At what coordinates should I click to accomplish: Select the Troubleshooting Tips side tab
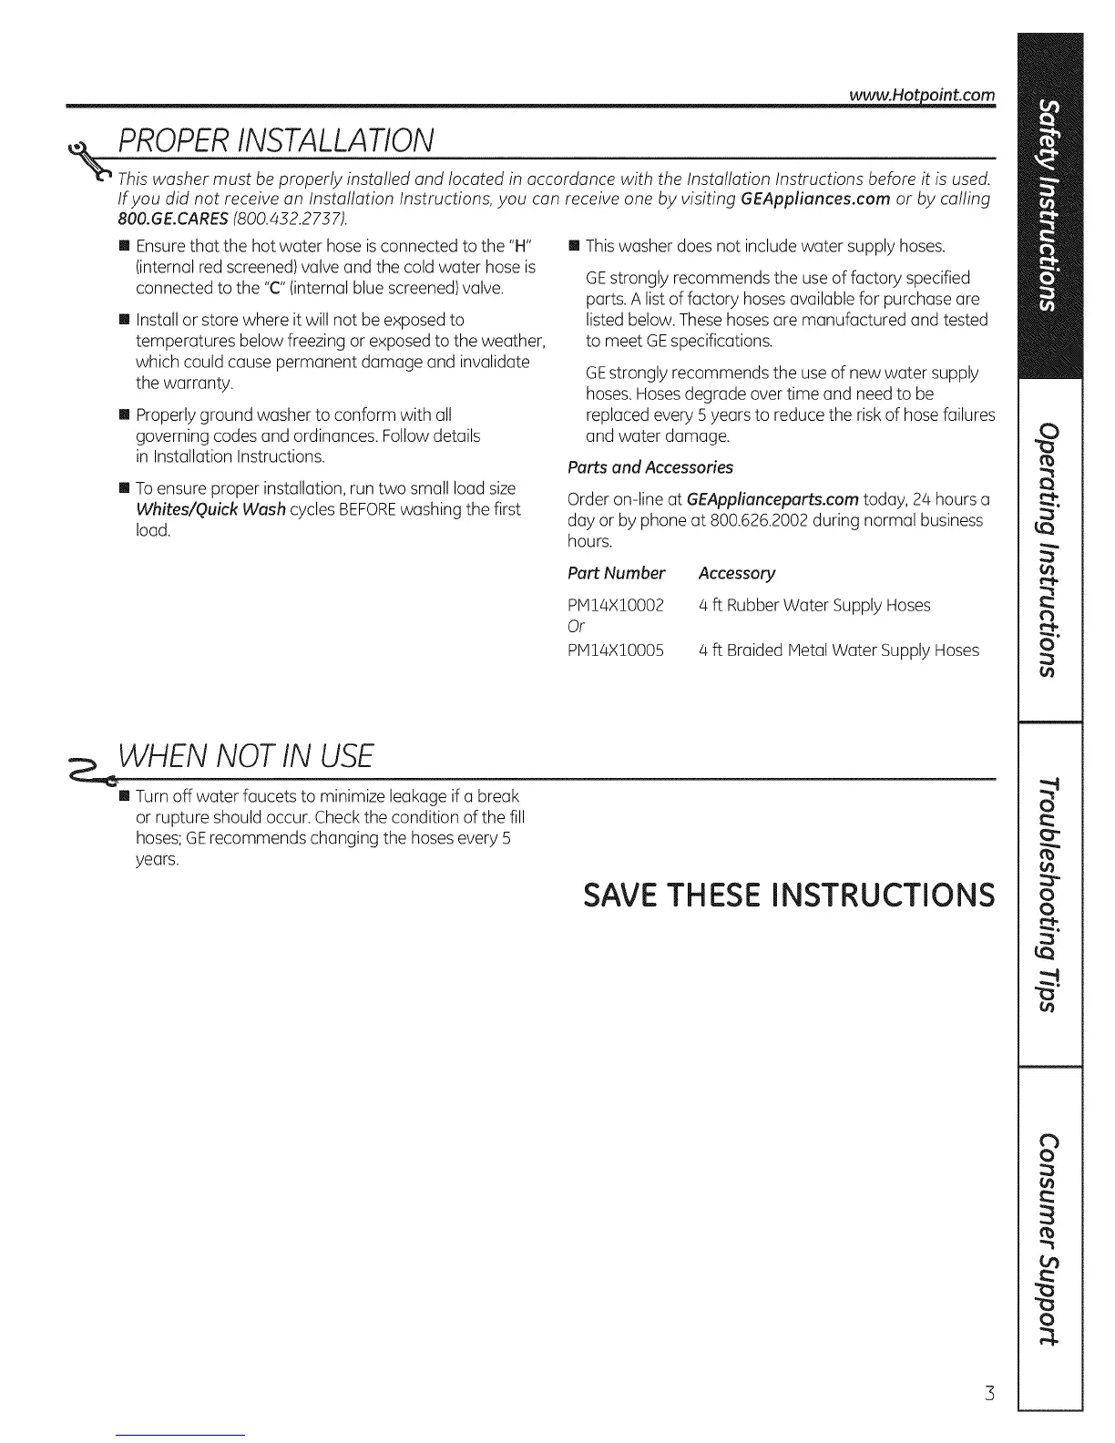1050,894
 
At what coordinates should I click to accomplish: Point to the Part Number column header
616,573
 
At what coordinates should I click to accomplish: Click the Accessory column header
737,573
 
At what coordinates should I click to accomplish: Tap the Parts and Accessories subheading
650,467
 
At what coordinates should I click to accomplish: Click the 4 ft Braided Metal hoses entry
839,650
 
